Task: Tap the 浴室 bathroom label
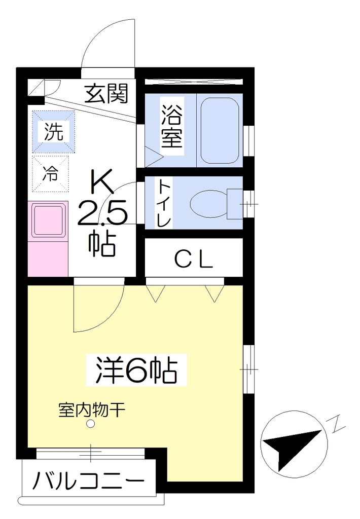click(172, 126)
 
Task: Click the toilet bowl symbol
click(209, 204)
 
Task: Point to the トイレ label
click(165, 203)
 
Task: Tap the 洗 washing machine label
click(54, 131)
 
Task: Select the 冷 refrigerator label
click(50, 173)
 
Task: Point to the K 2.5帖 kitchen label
click(102, 217)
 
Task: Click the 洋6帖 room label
click(136, 370)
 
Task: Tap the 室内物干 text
click(92, 410)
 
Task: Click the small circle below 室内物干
click(90, 423)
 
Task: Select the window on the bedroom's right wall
click(248, 369)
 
